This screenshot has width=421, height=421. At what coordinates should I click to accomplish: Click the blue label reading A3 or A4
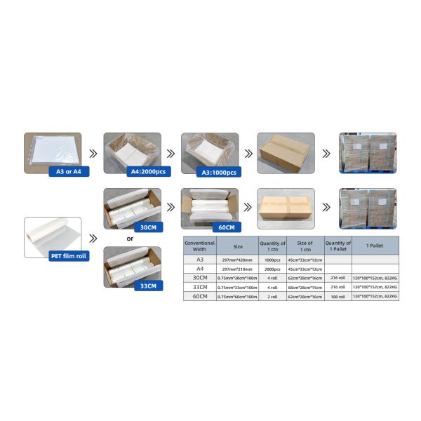point(69,171)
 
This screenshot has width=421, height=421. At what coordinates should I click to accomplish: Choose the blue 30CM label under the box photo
point(148,227)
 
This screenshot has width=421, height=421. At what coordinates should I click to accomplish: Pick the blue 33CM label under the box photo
point(148,286)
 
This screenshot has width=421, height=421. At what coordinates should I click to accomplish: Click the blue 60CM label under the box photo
point(226,227)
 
